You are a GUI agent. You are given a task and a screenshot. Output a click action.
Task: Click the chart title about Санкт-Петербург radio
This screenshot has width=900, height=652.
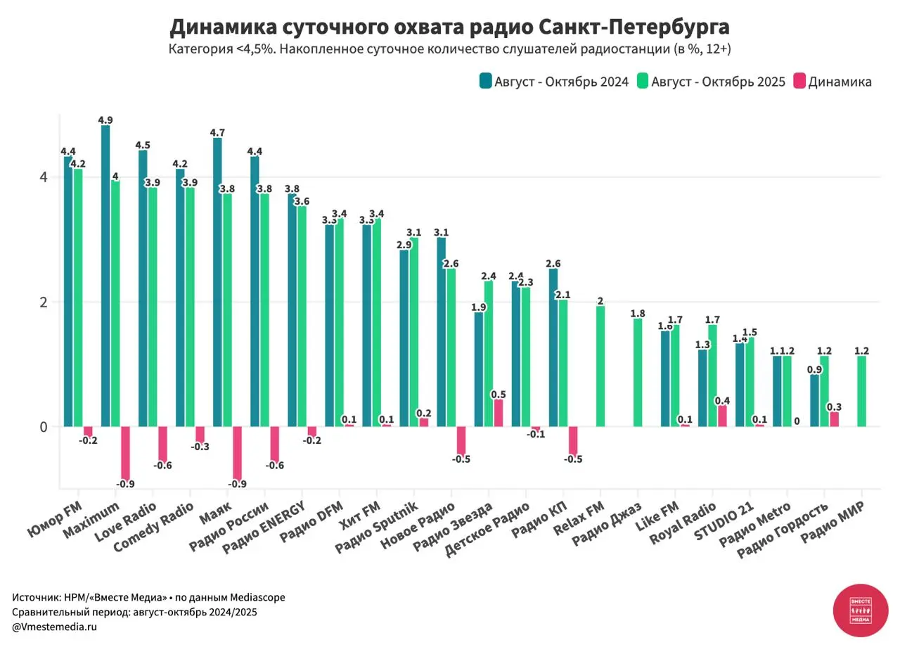[449, 27]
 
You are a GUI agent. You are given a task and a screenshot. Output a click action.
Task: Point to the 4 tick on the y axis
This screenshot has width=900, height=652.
[44, 177]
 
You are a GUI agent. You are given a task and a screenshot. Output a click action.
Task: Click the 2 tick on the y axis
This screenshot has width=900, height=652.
[44, 302]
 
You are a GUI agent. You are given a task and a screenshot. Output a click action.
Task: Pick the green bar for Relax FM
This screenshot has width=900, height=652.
[600, 366]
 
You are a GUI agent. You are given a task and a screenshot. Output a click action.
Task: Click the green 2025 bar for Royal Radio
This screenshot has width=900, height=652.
[712, 376]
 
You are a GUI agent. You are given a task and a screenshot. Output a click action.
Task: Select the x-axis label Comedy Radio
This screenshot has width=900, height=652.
[153, 528]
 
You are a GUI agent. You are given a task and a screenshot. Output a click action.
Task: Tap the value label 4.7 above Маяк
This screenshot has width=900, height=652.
[218, 132]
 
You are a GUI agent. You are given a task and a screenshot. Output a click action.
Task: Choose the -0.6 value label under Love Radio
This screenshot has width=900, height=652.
[162, 466]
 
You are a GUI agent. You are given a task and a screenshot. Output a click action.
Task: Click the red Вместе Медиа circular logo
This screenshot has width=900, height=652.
[861, 610]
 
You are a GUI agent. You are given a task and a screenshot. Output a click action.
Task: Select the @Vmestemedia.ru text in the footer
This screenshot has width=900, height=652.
[54, 627]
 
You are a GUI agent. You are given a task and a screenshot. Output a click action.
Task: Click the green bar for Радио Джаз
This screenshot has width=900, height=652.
[638, 372]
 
